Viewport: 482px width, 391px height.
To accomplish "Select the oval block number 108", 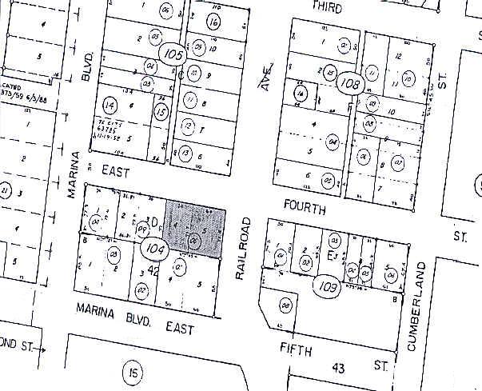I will click(350, 82).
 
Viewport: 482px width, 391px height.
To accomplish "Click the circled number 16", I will click(213, 22).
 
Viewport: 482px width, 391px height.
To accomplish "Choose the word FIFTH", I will click(296, 349).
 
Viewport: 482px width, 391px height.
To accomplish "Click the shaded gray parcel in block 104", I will click(194, 228).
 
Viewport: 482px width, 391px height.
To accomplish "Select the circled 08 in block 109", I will click(285, 304).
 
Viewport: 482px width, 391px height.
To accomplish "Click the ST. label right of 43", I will click(380, 365).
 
